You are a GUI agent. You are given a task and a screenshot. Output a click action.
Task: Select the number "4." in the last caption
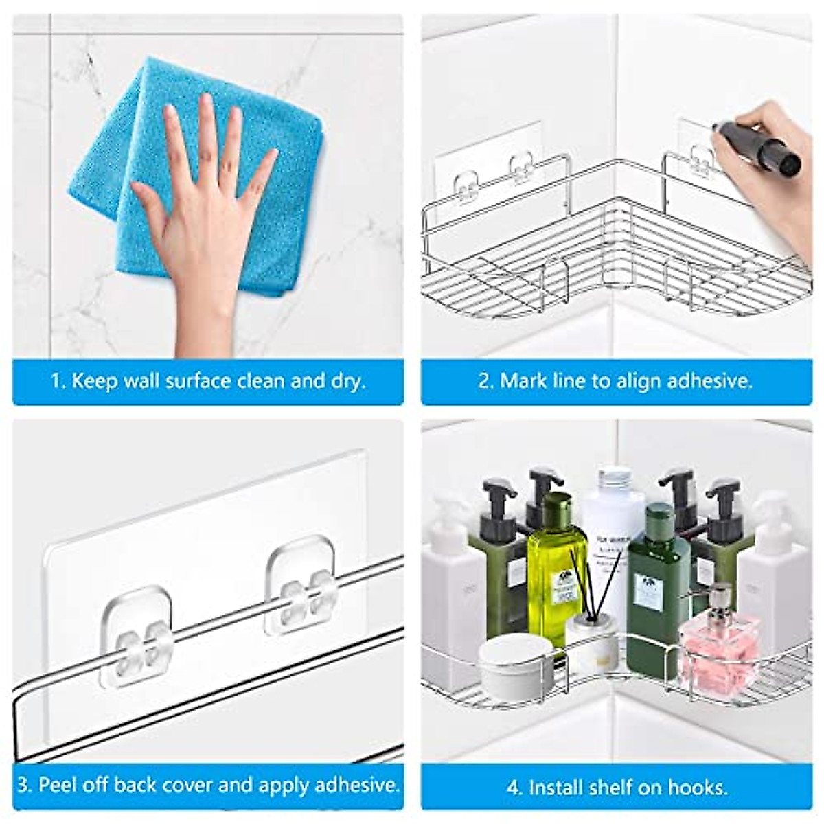point(515,787)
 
